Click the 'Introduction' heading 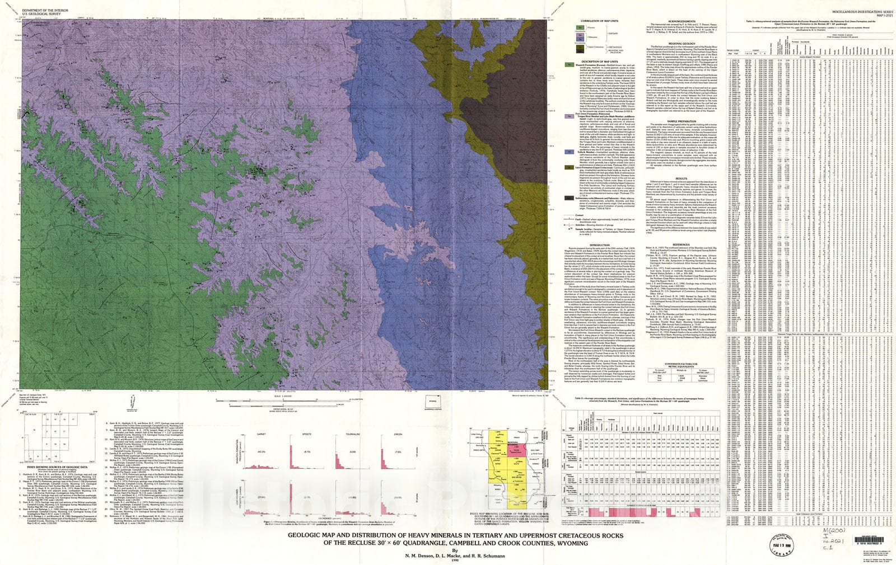(595, 244)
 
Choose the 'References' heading (681, 244)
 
